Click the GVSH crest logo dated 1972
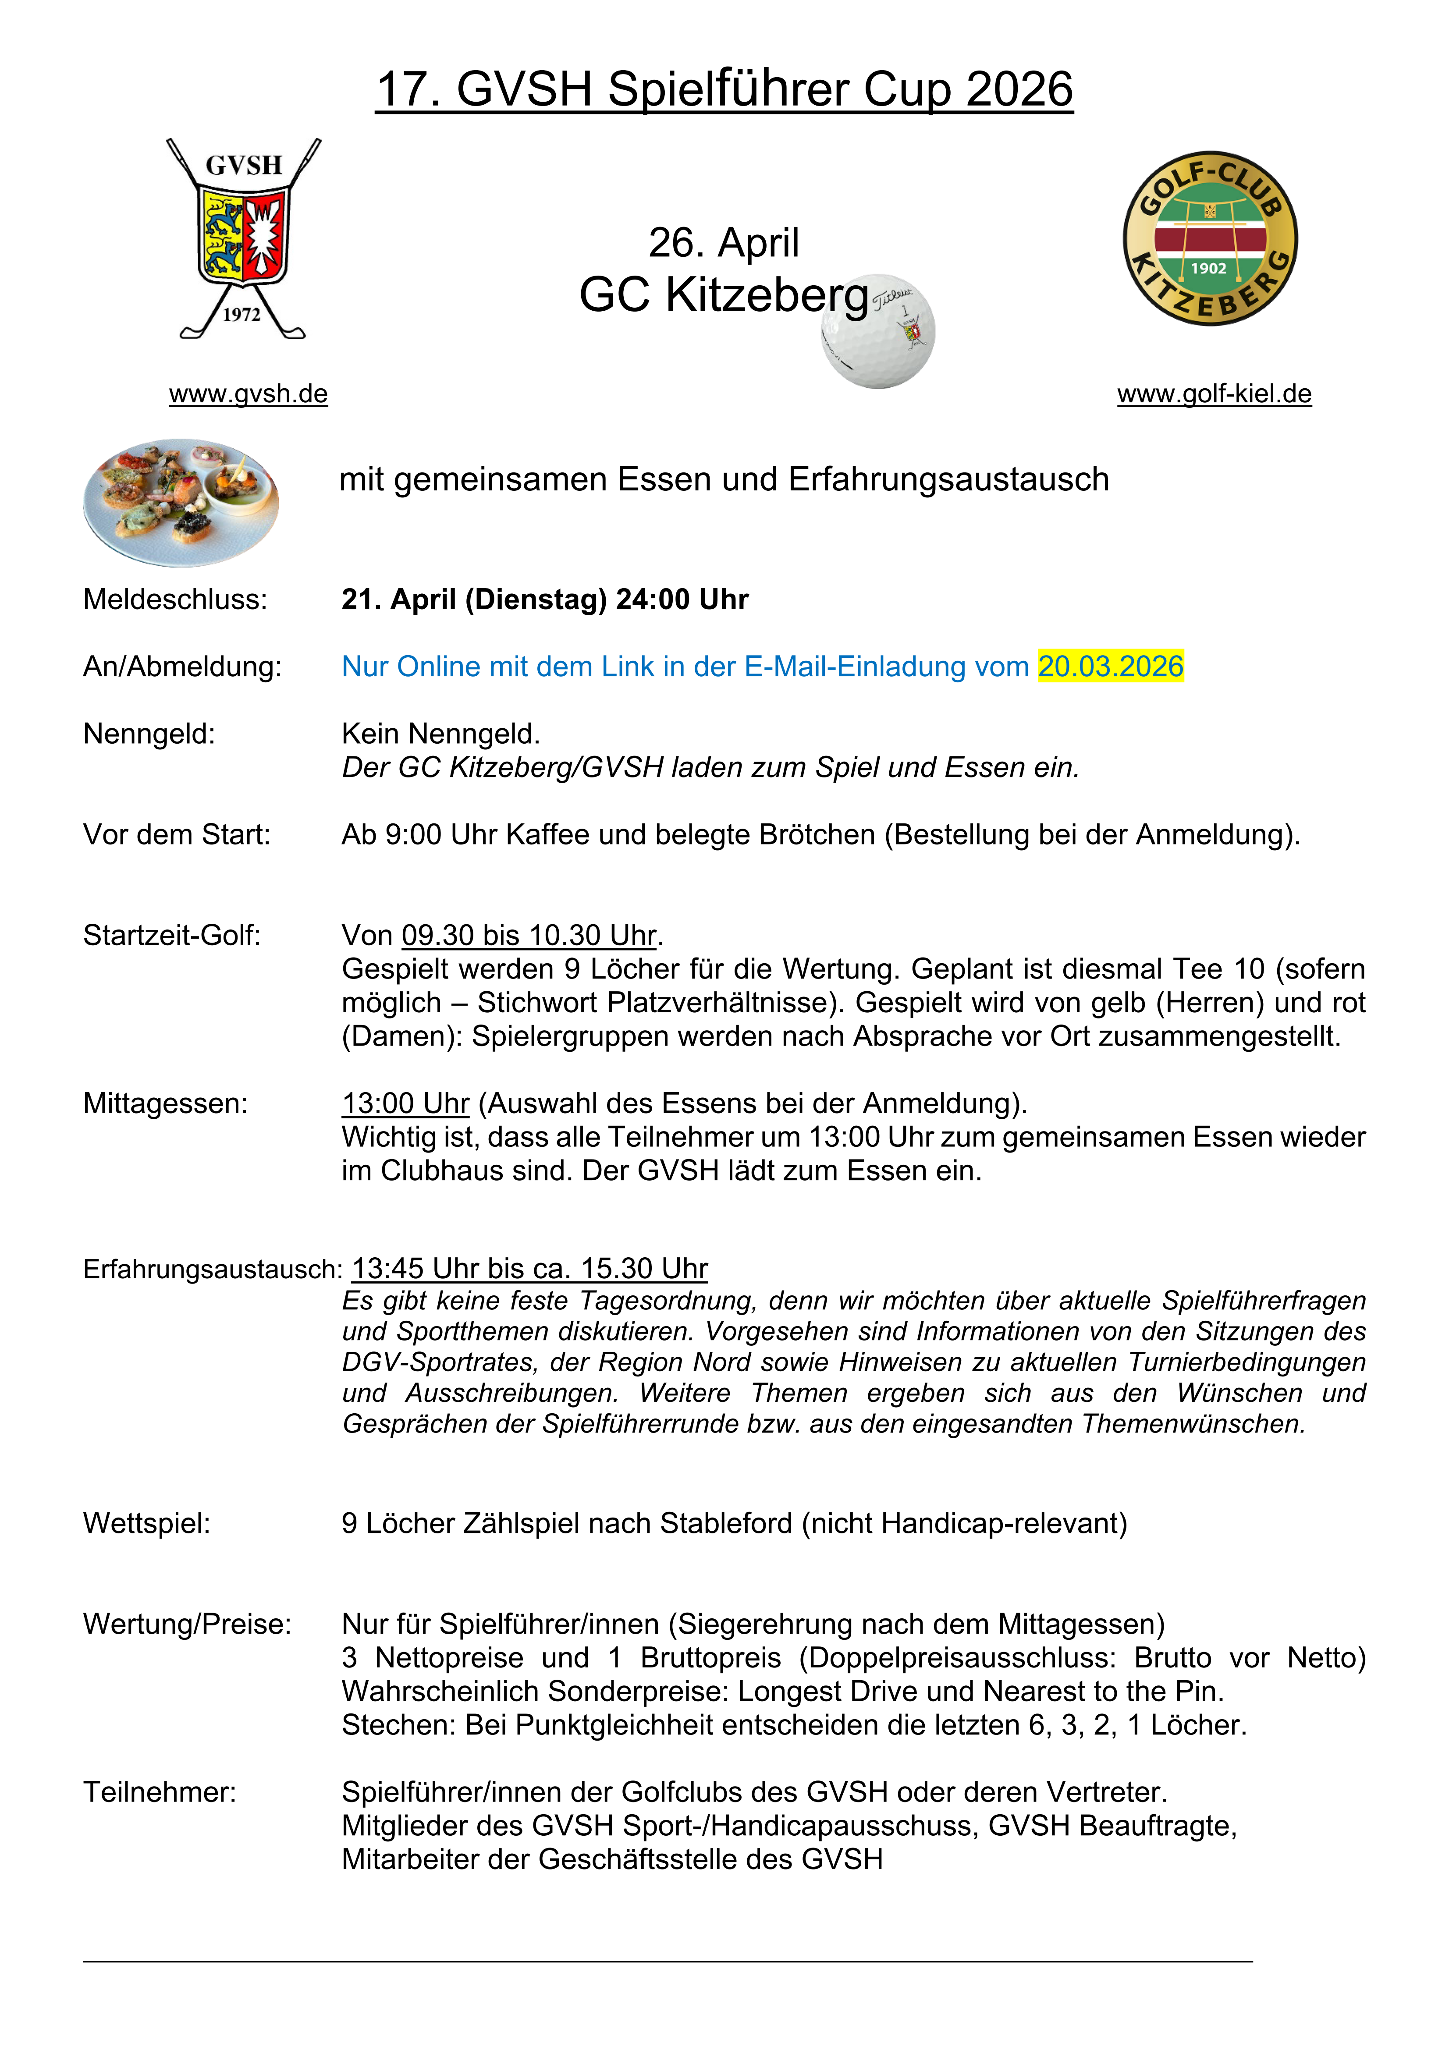(243, 238)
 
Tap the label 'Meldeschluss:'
(175, 599)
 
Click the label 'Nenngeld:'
(149, 734)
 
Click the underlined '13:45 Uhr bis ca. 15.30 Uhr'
(529, 1269)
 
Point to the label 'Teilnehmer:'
(160, 1792)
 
